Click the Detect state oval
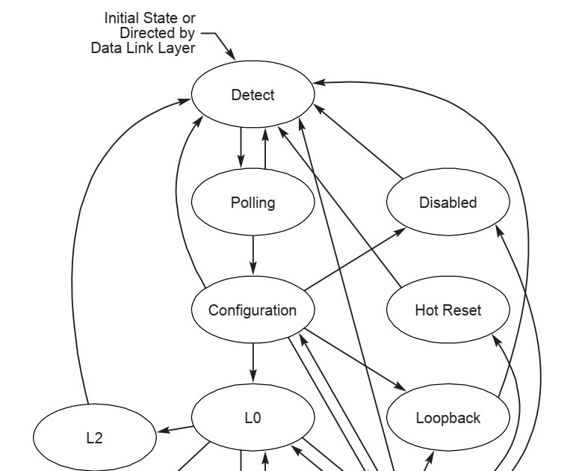point(253,95)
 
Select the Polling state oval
point(253,203)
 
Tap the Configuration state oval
point(253,310)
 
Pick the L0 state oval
point(253,418)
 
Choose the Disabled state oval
point(448,203)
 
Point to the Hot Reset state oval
point(448,310)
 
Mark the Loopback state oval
point(448,418)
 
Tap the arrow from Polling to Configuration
point(253,254)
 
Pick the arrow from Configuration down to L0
point(253,363)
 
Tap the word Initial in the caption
point(124,17)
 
